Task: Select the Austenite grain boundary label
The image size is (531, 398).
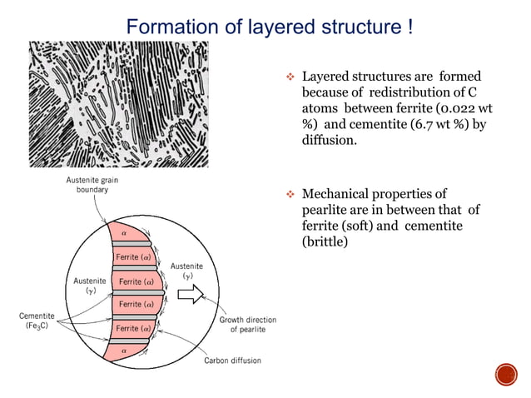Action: coord(87,186)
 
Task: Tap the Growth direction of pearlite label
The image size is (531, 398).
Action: coord(248,325)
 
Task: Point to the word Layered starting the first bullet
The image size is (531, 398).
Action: coord(327,77)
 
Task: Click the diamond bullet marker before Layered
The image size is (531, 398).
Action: coord(291,77)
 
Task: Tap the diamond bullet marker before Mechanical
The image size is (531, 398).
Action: coord(291,196)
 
